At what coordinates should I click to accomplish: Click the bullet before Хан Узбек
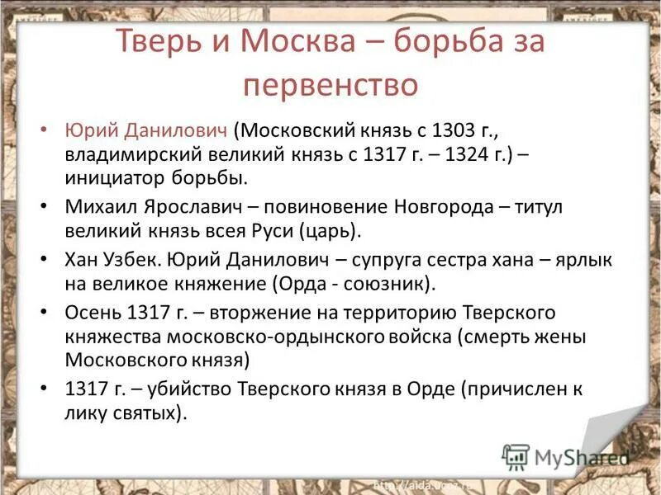tap(45, 257)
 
